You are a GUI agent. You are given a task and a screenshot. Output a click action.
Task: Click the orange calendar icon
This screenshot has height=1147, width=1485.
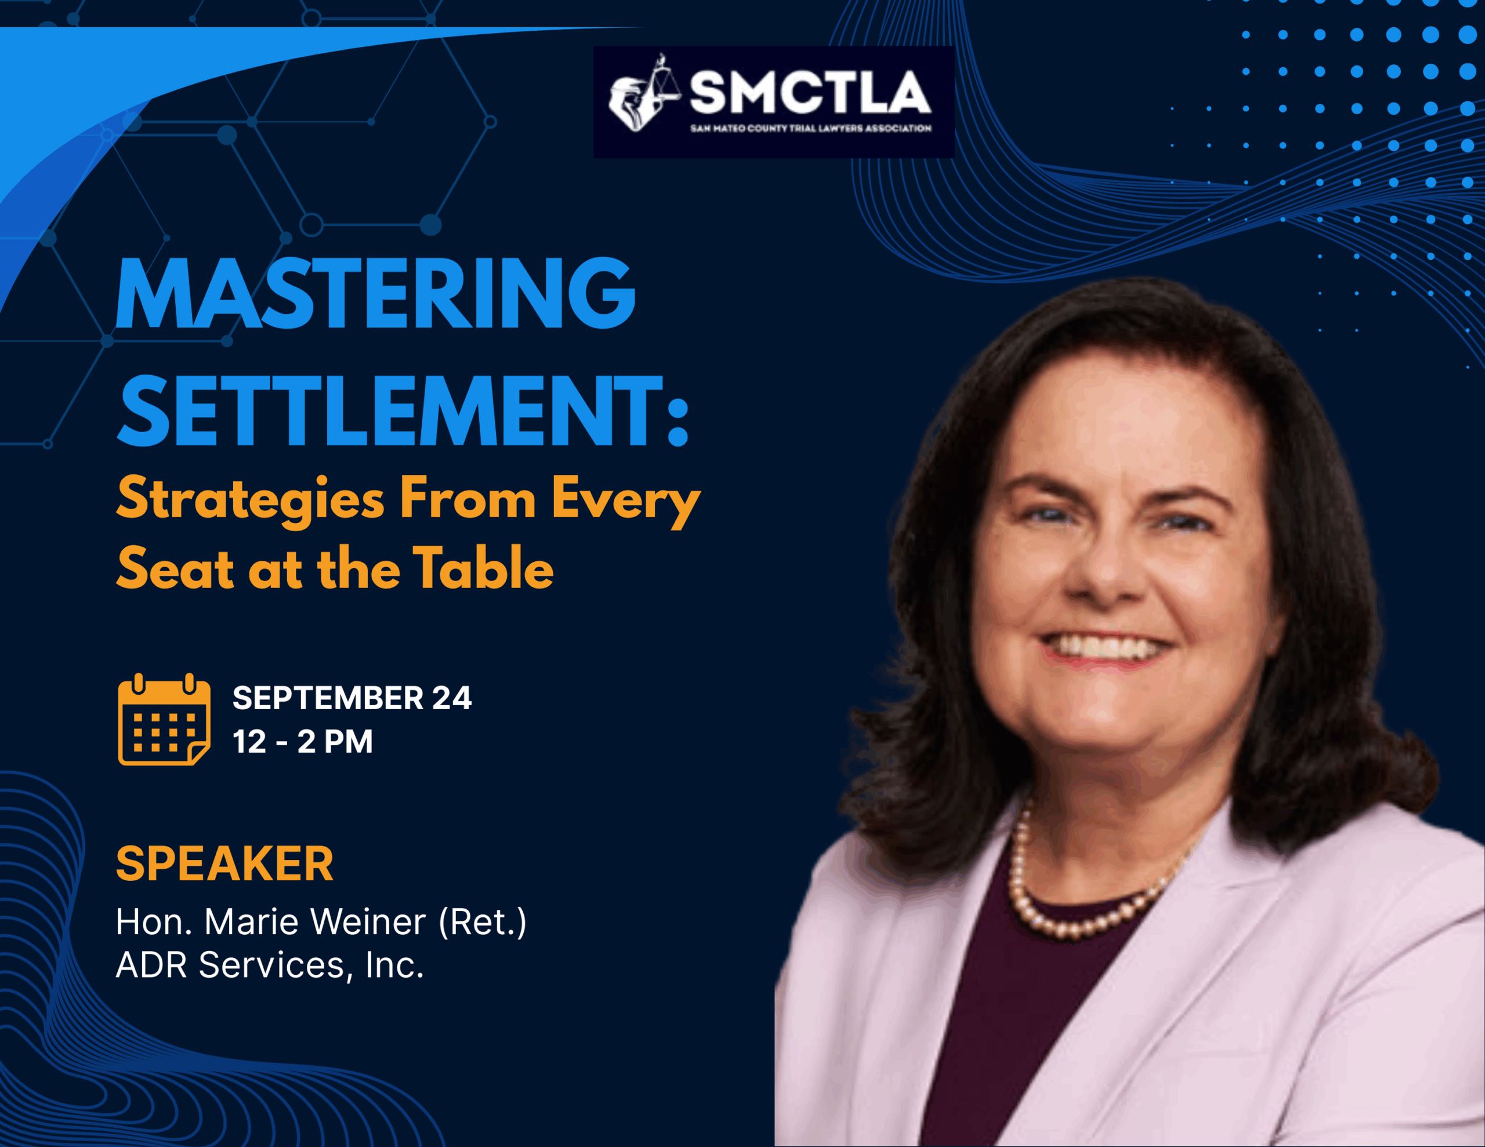(164, 720)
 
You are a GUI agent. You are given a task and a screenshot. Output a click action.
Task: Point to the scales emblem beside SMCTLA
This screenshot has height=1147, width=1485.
(643, 94)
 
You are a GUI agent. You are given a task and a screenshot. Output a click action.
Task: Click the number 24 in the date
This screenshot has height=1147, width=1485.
(451, 698)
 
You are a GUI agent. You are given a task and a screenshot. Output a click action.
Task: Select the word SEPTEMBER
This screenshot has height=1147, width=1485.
(328, 698)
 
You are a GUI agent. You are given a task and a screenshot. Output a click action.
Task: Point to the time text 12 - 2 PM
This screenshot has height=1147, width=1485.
(303, 741)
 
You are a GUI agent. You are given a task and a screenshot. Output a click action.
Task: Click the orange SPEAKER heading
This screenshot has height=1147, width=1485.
(224, 863)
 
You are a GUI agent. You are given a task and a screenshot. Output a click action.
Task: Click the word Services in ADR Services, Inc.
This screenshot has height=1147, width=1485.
(271, 965)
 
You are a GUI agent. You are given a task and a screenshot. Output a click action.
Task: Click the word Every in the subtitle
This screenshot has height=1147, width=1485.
(625, 501)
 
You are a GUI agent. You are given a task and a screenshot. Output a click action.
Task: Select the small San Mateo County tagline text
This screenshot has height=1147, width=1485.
(810, 128)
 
